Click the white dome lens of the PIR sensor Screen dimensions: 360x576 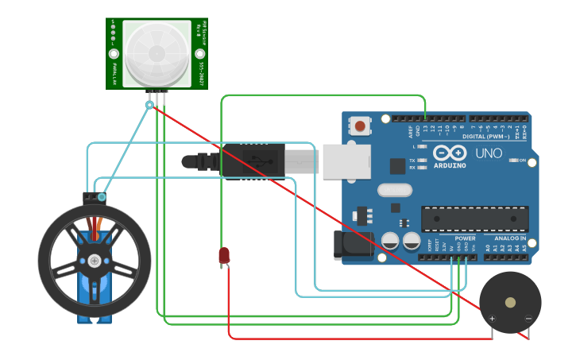(x=157, y=52)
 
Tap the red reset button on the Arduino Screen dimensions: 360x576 (x=360, y=126)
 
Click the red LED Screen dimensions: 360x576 (x=224, y=255)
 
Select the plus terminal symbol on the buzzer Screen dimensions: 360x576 (x=492, y=319)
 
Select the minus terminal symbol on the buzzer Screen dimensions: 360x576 (x=528, y=319)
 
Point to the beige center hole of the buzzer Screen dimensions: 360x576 (x=509, y=302)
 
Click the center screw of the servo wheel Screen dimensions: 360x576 (x=95, y=261)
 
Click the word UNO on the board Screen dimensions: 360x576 (x=489, y=153)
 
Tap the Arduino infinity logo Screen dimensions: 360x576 (x=450, y=153)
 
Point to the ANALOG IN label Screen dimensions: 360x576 (x=511, y=238)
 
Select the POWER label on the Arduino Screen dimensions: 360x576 (x=465, y=238)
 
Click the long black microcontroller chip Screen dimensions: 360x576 (x=474, y=219)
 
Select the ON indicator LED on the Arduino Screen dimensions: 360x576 (x=513, y=161)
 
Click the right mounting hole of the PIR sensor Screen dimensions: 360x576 (x=200, y=54)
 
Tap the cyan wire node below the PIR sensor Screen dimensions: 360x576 (x=149, y=104)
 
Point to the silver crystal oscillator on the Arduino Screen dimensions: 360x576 (x=395, y=190)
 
